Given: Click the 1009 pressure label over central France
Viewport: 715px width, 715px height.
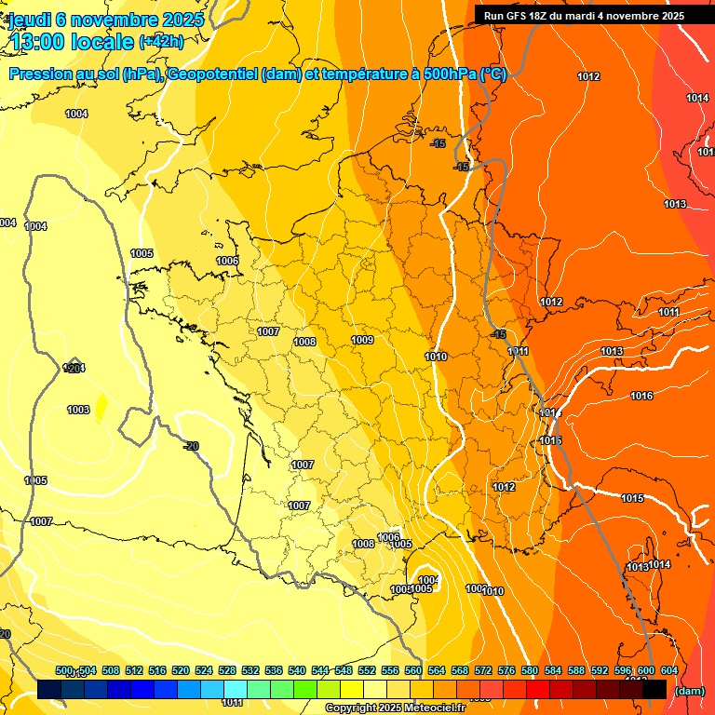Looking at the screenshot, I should tap(362, 341).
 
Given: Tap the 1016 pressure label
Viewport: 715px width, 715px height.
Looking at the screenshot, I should tap(641, 397).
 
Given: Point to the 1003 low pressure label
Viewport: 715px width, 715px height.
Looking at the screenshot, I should tap(78, 411).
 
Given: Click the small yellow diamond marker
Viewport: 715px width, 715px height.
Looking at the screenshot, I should tap(101, 404).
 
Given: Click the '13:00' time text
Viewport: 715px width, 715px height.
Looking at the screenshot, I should tap(37, 41).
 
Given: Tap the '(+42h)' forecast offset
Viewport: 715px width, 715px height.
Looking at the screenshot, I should tap(161, 42).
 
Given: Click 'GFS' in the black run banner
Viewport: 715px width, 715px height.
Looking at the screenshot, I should tap(522, 16).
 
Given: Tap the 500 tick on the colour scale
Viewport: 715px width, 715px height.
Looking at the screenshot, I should tap(64, 670).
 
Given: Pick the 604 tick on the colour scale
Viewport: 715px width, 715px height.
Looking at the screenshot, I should tap(669, 670).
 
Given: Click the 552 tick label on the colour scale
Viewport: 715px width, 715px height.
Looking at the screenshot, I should tap(367, 670).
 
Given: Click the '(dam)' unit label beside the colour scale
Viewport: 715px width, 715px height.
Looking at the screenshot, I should tap(689, 691).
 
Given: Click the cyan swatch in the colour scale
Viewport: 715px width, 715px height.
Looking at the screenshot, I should tap(236, 689).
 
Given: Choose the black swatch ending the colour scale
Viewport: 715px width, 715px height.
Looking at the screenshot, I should tap(654, 689).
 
